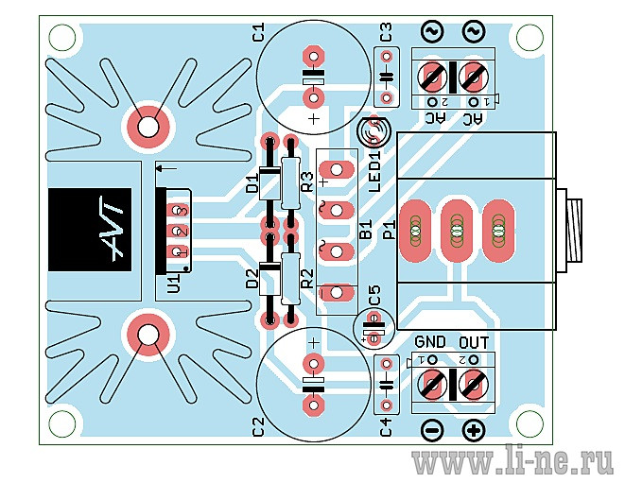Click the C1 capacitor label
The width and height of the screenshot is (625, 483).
pos(259,32)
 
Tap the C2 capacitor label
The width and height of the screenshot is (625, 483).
pos(259,426)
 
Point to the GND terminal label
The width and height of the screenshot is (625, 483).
pos(430,342)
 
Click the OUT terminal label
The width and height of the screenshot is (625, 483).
pos(474,342)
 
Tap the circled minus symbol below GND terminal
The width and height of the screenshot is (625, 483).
pos(432,430)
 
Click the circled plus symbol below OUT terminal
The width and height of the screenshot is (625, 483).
pos(474,430)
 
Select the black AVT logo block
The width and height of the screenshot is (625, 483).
pos(90,230)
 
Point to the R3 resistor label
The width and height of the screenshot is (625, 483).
pos(307,182)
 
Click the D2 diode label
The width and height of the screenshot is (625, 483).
pos(252,279)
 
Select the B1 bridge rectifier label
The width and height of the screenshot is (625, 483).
pos(366,229)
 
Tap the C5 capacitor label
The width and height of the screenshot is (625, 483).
pos(374,295)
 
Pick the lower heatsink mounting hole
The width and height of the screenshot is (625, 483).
pos(148,335)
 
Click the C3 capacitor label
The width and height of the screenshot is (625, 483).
pos(386,32)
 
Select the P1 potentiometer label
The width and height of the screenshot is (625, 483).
pos(390,230)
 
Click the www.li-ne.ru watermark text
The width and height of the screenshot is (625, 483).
pos(512,462)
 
